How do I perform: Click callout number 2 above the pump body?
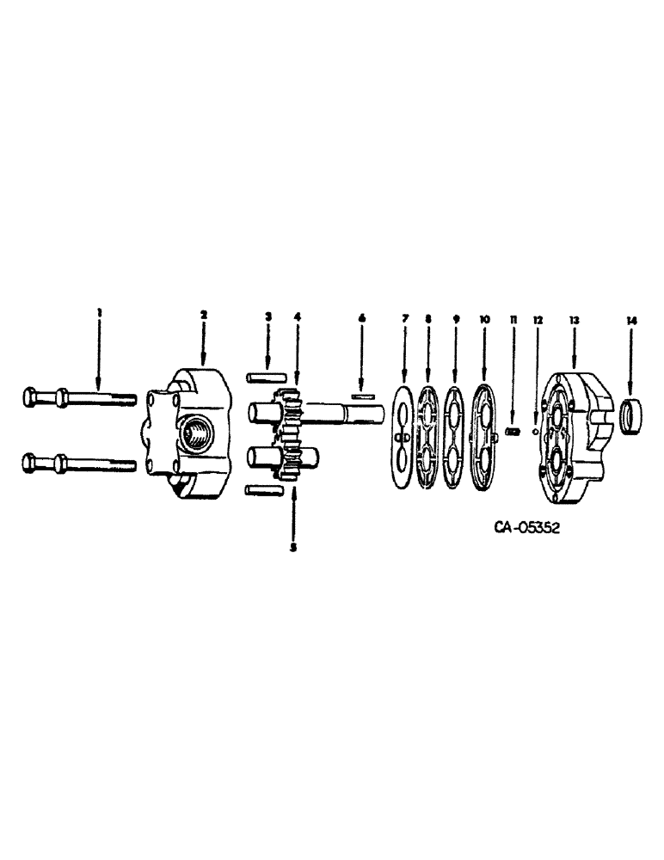click(204, 316)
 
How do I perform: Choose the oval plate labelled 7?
click(402, 437)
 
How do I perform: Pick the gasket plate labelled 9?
click(455, 437)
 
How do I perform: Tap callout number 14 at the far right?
click(633, 320)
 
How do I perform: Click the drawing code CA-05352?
click(526, 527)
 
